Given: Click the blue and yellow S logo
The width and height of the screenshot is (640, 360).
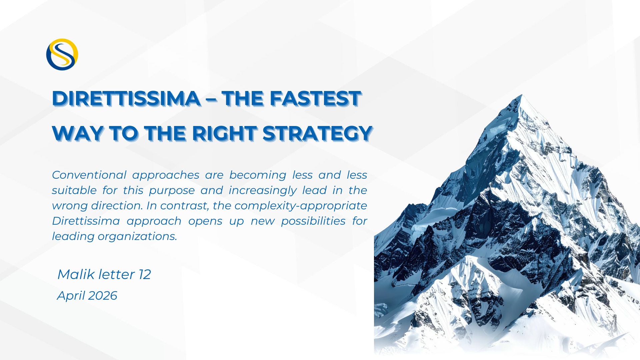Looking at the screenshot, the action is (62, 54).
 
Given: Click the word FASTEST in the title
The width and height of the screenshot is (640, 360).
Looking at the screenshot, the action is (315, 99).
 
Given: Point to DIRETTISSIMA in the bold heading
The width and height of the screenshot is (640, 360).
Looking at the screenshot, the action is (126, 99).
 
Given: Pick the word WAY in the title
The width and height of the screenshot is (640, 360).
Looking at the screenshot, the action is (78, 134).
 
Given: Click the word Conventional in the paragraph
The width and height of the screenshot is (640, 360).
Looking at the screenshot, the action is (89, 175).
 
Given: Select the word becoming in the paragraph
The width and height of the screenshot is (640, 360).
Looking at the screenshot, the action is (258, 175).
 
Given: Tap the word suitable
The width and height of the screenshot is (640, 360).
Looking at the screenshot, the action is (74, 190).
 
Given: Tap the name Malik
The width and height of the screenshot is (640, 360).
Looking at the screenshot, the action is (76, 274).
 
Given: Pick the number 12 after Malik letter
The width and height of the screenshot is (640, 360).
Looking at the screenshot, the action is (145, 275).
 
